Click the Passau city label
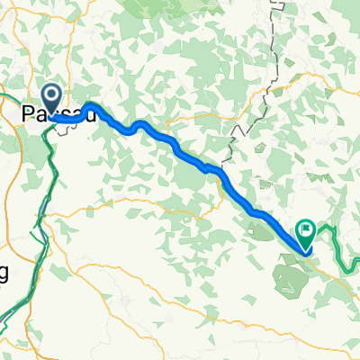coord(58,113)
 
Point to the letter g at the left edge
coord(4,274)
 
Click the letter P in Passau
coord(27,113)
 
